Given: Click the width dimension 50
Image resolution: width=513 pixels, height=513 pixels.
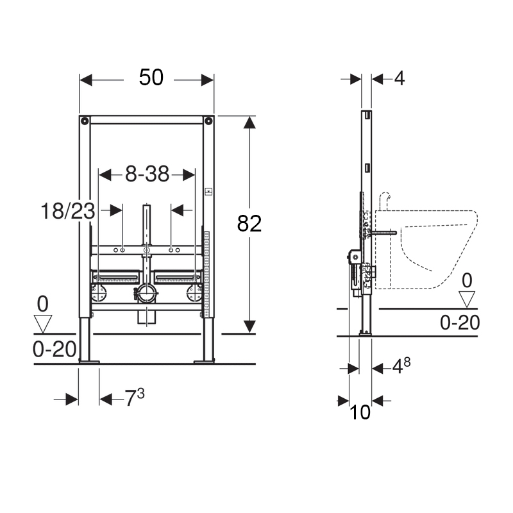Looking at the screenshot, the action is [151, 78].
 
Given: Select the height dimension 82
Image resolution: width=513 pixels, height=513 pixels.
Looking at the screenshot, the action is [249, 224].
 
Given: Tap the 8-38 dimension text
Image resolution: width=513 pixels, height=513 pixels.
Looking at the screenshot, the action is [147, 174].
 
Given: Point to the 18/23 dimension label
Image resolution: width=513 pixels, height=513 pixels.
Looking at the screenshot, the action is [68, 211].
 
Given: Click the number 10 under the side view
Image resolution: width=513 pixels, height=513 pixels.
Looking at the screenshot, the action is [360, 412].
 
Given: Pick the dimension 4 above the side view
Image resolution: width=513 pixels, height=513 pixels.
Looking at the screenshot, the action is [399, 79].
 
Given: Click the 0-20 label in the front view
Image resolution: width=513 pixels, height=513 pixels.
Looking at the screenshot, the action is [55, 349].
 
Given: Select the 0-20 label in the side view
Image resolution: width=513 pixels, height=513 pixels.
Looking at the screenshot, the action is [460, 323].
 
